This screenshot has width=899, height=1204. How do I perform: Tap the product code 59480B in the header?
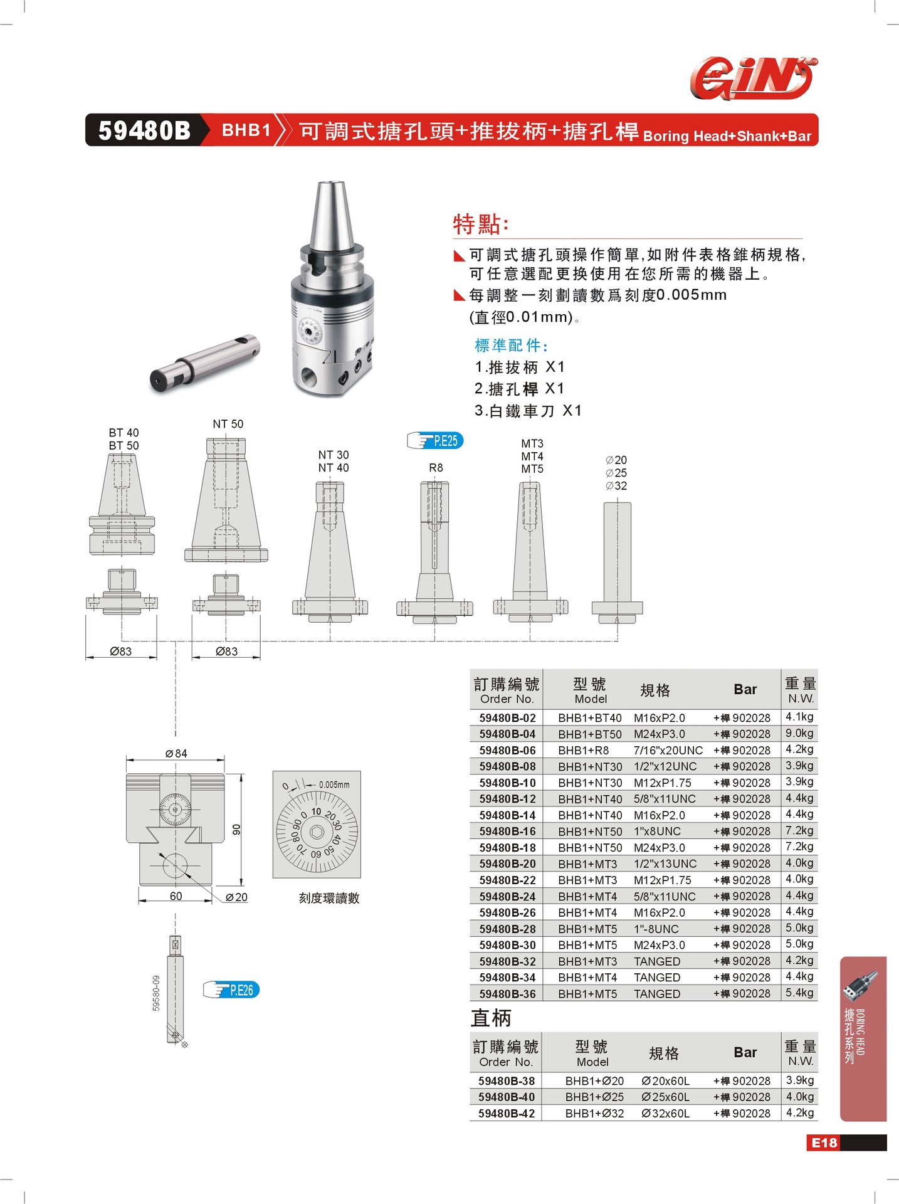pyautogui.click(x=144, y=130)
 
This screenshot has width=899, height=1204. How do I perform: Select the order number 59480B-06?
pyautogui.click(x=507, y=751)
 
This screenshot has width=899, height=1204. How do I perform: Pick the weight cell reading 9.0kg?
pyautogui.click(x=799, y=733)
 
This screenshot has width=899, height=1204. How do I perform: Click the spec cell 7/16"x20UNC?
pyautogui.click(x=668, y=751)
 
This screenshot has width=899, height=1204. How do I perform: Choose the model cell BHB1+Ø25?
pyautogui.click(x=594, y=1097)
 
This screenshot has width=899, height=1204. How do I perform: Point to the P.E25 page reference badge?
pyautogui.click(x=436, y=441)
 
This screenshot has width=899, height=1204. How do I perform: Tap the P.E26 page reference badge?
pyautogui.click(x=233, y=990)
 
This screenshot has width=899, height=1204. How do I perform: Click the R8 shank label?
pyautogui.click(x=436, y=468)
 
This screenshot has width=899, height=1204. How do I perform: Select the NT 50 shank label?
pyautogui.click(x=228, y=425)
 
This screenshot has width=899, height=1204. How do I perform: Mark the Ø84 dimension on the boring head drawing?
pyautogui.click(x=176, y=754)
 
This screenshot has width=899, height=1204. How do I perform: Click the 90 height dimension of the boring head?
pyautogui.click(x=236, y=830)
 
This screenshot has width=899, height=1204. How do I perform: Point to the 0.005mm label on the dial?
pyautogui.click(x=334, y=784)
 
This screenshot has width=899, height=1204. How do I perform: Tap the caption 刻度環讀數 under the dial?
pyautogui.click(x=329, y=899)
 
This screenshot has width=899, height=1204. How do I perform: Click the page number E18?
pyautogui.click(x=824, y=1143)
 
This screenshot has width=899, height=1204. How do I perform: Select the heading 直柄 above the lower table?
pyautogui.click(x=491, y=1018)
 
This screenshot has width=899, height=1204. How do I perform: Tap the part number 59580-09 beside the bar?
pyautogui.click(x=156, y=993)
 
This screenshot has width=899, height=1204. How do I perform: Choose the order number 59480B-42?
pyautogui.click(x=507, y=1114)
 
